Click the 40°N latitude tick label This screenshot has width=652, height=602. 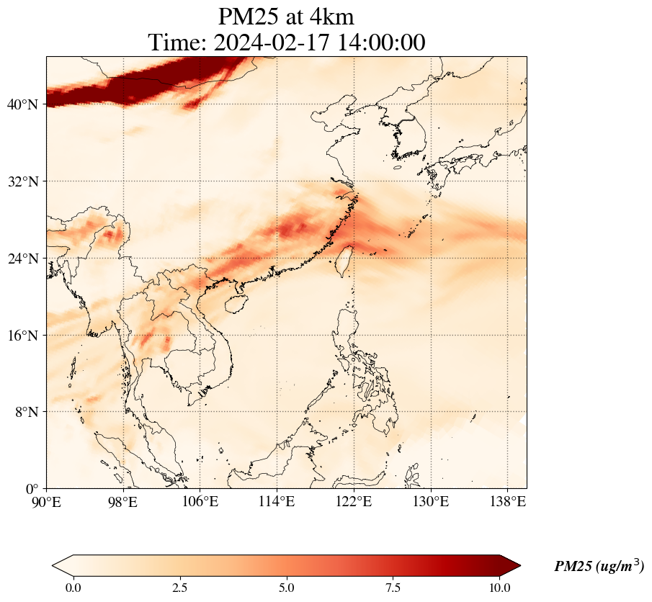(x=22, y=104)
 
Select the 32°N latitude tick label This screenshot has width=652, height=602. (x=22, y=181)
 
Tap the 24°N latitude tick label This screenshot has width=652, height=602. (x=22, y=259)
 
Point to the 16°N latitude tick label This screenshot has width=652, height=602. (x=22, y=336)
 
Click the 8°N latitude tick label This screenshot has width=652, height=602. (x=25, y=412)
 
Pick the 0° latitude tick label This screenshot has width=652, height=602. (x=32, y=489)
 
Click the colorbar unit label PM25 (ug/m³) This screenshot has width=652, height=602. (x=599, y=567)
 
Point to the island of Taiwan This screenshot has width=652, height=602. (x=344, y=260)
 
